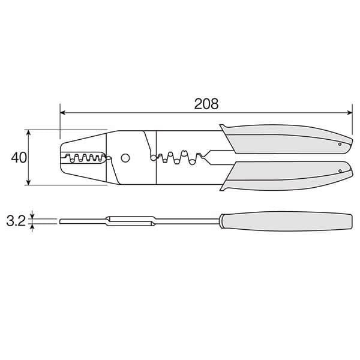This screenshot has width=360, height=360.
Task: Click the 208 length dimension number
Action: coord(206,104)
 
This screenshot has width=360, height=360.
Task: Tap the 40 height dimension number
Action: coord(19,158)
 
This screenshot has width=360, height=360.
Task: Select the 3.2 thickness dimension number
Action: coord(15,221)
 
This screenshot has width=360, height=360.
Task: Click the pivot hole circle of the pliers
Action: coord(125,158)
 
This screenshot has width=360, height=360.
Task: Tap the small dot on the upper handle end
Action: coord(340,144)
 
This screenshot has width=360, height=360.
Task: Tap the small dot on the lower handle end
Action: coord(340,172)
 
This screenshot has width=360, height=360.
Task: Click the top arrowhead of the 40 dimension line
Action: coord(29,132)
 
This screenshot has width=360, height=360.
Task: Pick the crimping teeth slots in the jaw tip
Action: coord(84,158)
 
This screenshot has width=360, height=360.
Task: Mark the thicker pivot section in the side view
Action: coord(129,221)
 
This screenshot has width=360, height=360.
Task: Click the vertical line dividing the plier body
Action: coord(156,158)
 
